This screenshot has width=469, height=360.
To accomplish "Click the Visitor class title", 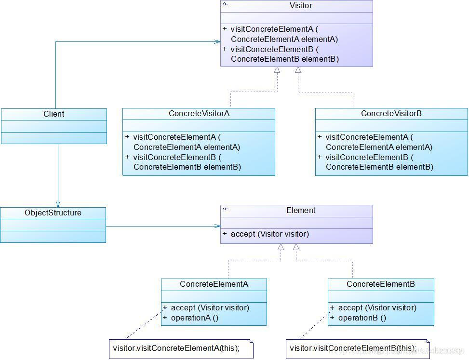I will coord(301,6).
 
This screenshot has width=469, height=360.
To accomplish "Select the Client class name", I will coord(54,114).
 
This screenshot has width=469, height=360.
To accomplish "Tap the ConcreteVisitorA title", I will coord(199,114).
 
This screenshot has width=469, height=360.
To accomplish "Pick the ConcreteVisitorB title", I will coord(391,114).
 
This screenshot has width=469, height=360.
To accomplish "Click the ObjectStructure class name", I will coord(53,213).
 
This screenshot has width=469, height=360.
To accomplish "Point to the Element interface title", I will coord(301,210).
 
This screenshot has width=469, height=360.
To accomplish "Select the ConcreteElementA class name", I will coord(214,284).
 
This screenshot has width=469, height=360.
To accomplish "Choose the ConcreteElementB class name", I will coord(381,284).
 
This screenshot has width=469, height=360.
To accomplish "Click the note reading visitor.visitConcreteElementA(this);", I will coord(183,347).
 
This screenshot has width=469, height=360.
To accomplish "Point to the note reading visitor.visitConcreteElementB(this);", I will coord(352,348).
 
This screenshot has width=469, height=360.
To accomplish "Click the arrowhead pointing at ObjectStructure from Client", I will coord(58,204).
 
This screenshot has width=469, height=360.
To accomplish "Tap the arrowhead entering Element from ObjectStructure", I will coord(217,226).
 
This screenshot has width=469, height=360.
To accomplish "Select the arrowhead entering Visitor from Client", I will coord(217,41).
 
